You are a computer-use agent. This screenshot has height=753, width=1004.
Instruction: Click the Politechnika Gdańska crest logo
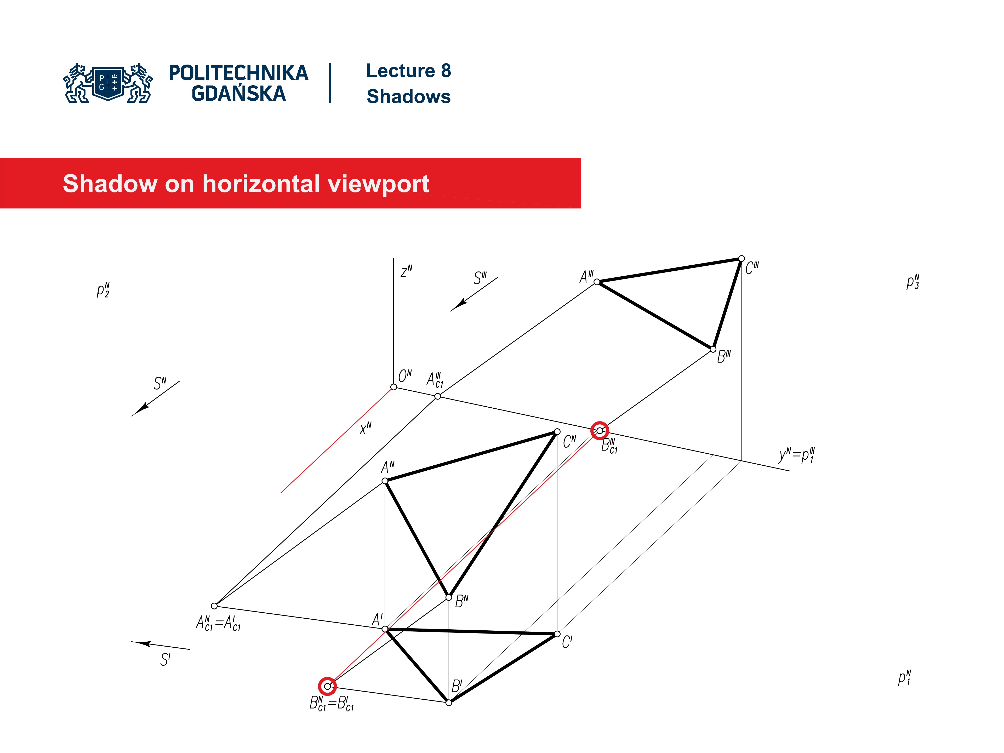click(108, 83)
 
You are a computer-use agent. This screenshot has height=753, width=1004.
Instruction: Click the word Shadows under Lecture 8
click(408, 97)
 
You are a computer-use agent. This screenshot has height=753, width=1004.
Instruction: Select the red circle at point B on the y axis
click(600, 430)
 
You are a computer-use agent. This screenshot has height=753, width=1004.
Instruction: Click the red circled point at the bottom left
click(327, 686)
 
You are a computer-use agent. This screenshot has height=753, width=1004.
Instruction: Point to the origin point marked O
click(393, 387)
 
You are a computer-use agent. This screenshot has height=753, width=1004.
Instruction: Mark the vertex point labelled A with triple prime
click(597, 282)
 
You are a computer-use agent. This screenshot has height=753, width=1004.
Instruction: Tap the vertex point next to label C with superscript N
click(557, 432)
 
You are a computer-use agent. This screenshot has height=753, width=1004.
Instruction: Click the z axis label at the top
click(406, 271)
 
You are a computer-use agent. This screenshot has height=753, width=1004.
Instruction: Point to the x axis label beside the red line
click(365, 427)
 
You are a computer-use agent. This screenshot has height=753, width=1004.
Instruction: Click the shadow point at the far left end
click(214, 606)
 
